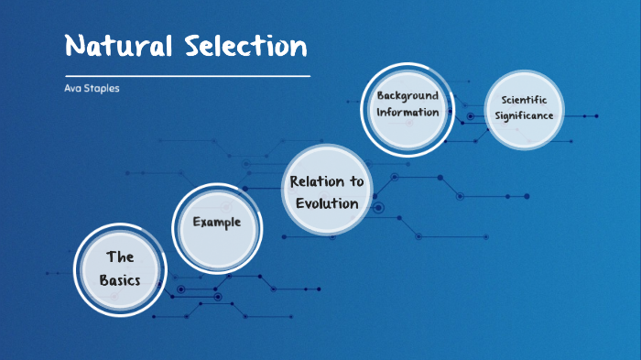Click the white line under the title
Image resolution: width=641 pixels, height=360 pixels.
(183, 75)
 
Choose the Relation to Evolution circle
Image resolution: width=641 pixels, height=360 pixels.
(327, 191)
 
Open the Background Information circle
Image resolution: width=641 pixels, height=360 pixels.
(407, 104)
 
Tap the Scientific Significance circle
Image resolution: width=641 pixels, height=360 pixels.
(524, 108)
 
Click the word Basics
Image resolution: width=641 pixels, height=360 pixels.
(121, 279)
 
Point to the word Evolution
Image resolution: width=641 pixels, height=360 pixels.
(327, 202)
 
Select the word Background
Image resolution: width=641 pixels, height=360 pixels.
(407, 95)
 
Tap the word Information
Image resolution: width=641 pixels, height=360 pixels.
(407, 113)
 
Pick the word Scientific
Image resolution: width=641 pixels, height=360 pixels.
(524, 99)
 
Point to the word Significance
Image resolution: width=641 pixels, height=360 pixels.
(524, 116)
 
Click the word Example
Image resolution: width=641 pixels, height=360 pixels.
(217, 223)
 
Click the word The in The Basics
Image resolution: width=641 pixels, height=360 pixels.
(121, 257)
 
